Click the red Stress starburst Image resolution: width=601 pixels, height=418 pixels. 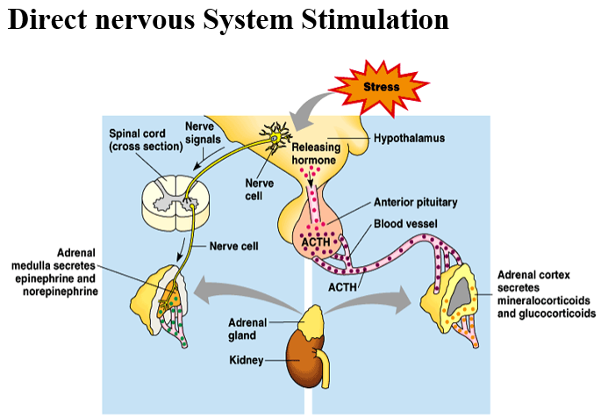click(x=379, y=88)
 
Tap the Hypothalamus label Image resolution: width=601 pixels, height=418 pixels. click(x=410, y=138)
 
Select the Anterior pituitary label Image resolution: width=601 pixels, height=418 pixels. click(x=416, y=202)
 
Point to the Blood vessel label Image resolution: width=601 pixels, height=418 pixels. click(x=405, y=224)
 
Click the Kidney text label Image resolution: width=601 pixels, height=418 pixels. click(x=246, y=360)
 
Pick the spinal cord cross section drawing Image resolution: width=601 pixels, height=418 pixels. click(x=175, y=203)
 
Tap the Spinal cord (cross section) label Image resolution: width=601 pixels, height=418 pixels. click(x=146, y=140)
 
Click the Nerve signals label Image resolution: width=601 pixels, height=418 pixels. click(x=203, y=133)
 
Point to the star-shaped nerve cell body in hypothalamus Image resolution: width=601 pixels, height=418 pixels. click(x=275, y=137)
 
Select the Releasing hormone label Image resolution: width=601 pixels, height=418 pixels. click(x=316, y=154)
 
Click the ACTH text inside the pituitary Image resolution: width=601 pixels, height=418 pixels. click(x=316, y=242)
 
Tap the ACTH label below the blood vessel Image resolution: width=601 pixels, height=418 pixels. click(x=342, y=287)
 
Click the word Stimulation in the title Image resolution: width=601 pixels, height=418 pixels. click(x=375, y=19)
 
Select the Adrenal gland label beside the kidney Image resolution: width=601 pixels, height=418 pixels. click(x=247, y=329)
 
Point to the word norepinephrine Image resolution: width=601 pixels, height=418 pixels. click(x=61, y=292)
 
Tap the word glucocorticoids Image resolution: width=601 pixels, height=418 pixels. click(x=547, y=313)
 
